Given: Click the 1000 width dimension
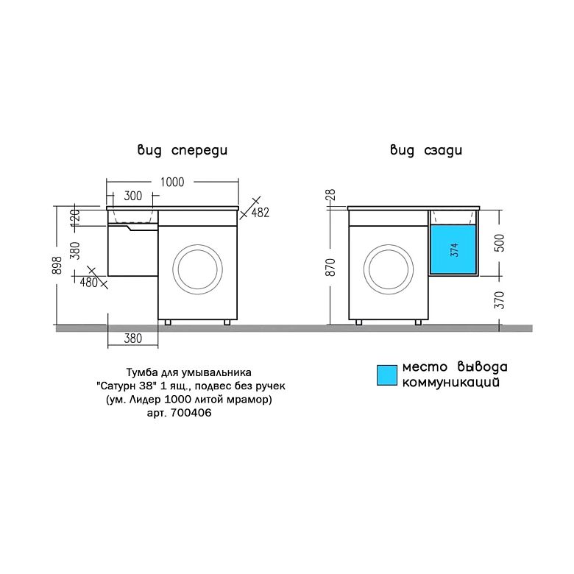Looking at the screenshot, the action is click(172, 182).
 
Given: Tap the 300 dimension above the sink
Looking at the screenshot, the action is click(133, 196).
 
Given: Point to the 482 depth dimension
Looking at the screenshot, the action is click(261, 213).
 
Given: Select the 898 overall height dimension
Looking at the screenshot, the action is click(58, 265).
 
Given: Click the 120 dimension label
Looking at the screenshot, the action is click(74, 217).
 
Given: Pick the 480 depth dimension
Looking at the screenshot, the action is click(88, 283).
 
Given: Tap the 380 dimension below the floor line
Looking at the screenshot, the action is click(133, 339).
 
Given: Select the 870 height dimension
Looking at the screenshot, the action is click(330, 267).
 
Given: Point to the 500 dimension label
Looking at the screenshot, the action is click(500, 243).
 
